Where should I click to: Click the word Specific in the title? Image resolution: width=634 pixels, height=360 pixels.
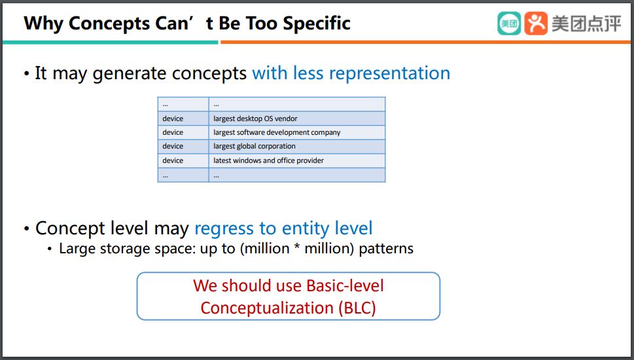pos(317,24)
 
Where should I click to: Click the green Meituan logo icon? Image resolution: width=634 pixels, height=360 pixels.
pos(509,24)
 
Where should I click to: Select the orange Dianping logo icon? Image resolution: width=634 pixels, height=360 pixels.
pos(536,24)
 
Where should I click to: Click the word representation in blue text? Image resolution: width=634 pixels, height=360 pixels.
pos(389,73)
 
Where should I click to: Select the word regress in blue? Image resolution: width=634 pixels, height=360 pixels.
pos(224,229)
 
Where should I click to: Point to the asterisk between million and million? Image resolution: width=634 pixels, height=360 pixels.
pos(297,247)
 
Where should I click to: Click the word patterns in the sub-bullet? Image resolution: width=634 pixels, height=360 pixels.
pos(386,249)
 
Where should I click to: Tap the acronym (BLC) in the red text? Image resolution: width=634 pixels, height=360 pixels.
pos(357,308)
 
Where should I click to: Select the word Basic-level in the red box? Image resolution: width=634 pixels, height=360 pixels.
pos(345,285)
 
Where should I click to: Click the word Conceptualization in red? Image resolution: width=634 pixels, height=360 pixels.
pos(267,308)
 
